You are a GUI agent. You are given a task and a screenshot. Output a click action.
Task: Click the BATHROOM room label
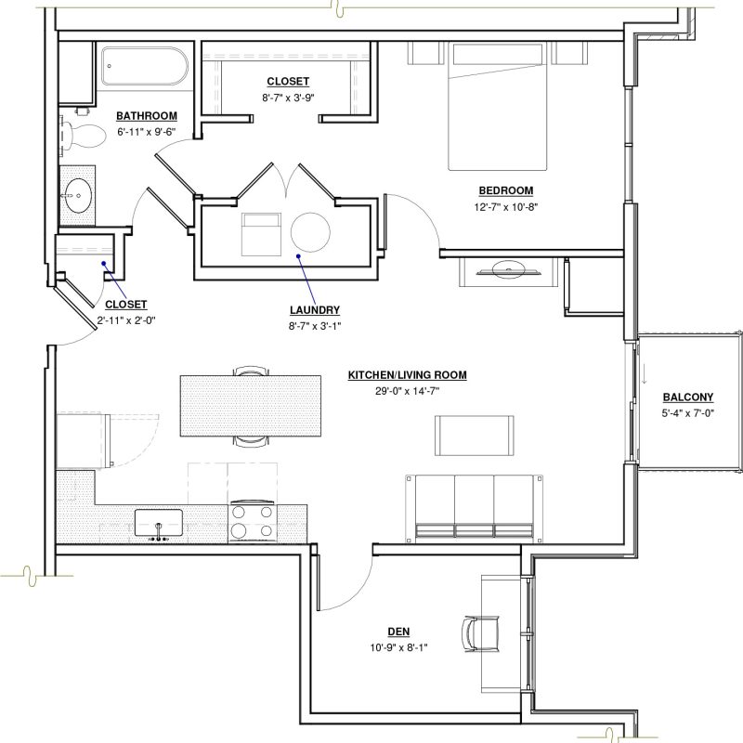tap(147, 116)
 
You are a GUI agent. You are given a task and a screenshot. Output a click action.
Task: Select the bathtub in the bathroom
tap(145, 66)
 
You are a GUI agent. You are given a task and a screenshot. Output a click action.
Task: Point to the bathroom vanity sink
tap(78, 195)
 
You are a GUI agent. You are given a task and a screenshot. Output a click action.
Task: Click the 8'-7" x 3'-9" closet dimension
tap(288, 98)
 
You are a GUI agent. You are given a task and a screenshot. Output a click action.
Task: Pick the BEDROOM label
tap(506, 190)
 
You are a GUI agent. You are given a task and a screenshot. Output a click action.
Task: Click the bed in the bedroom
tap(498, 107)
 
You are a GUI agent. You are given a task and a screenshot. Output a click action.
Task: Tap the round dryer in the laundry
tap(310, 232)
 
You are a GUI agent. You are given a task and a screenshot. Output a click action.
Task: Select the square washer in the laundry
tap(261, 235)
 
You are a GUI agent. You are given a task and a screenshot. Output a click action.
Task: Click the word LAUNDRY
tap(315, 310)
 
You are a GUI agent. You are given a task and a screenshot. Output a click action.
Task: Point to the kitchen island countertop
tap(250, 406)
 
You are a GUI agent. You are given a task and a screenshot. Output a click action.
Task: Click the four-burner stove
tap(253, 521)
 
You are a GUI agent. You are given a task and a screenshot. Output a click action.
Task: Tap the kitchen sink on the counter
tap(158, 523)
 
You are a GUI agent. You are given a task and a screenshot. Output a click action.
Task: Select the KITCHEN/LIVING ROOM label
tap(408, 375)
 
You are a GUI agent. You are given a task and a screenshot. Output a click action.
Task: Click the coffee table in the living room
tap(475, 436)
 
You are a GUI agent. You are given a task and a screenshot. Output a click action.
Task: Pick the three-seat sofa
tap(474, 508)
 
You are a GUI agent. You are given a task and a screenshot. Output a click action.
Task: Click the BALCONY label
tap(688, 398)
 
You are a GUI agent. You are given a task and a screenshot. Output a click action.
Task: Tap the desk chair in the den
tap(480, 634)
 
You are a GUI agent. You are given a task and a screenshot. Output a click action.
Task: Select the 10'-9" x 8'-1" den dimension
tap(399, 647)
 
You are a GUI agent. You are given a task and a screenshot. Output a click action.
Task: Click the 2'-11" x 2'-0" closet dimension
tap(126, 320)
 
